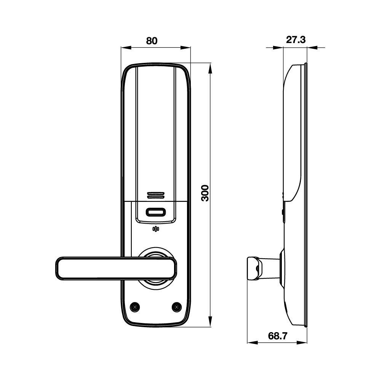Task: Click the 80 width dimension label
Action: pos(152,40)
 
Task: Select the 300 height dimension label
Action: pos(205,193)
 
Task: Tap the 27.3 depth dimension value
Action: pos(296,40)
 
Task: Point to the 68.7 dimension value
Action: pos(278,336)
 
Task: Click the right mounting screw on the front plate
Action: pos(176,307)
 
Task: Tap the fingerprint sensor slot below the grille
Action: pos(156,213)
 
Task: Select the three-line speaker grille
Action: pos(156,195)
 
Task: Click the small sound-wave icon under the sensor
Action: pos(156,229)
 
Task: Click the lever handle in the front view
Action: pos(116,269)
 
